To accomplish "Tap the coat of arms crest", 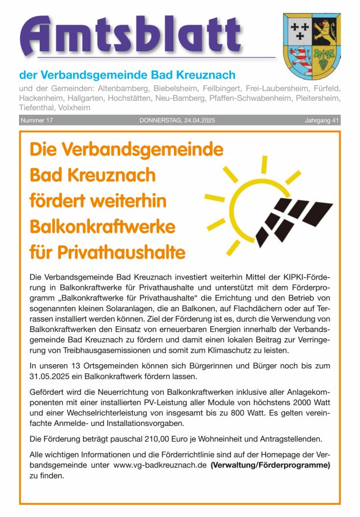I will tap(312, 46).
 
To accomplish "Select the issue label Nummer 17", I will tap(37, 120).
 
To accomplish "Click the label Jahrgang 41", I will tap(322, 120).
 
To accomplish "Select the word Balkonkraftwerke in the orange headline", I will tap(102, 225).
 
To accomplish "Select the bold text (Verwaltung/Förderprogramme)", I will tap(270, 465).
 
